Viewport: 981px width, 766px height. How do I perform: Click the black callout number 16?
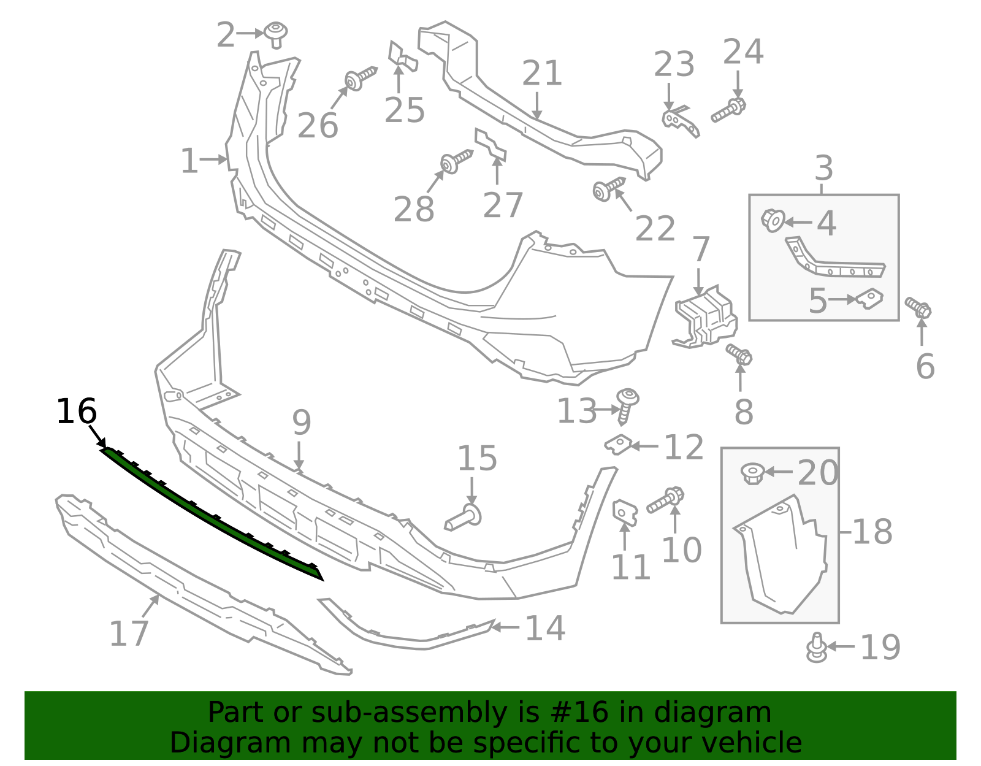pyautogui.click(x=76, y=412)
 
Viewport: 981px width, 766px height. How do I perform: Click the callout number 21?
pyautogui.click(x=542, y=74)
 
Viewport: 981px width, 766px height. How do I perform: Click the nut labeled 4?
pyautogui.click(x=773, y=220)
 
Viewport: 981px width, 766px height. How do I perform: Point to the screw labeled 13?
pyautogui.click(x=627, y=405)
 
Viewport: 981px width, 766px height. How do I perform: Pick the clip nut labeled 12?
pyautogui.click(x=619, y=444)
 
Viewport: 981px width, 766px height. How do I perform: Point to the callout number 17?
pyautogui.click(x=129, y=634)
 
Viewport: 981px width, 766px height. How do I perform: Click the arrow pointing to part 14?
pyautogui.click(x=505, y=627)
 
